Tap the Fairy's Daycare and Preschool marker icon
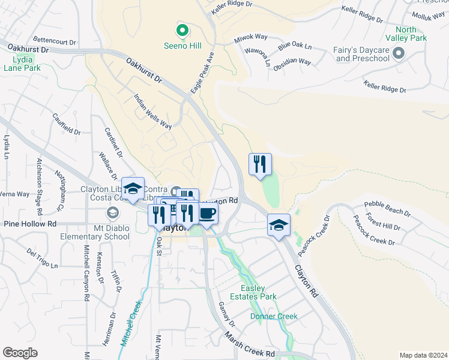point(398,55)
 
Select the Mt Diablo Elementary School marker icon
point(112,213)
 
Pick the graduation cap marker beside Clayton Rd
point(279,225)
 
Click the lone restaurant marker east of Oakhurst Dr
point(260,164)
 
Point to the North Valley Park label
point(411,34)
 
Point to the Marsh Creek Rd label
point(250,346)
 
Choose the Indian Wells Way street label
point(152,111)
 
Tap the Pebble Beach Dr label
point(387,209)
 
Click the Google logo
point(20,353)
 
